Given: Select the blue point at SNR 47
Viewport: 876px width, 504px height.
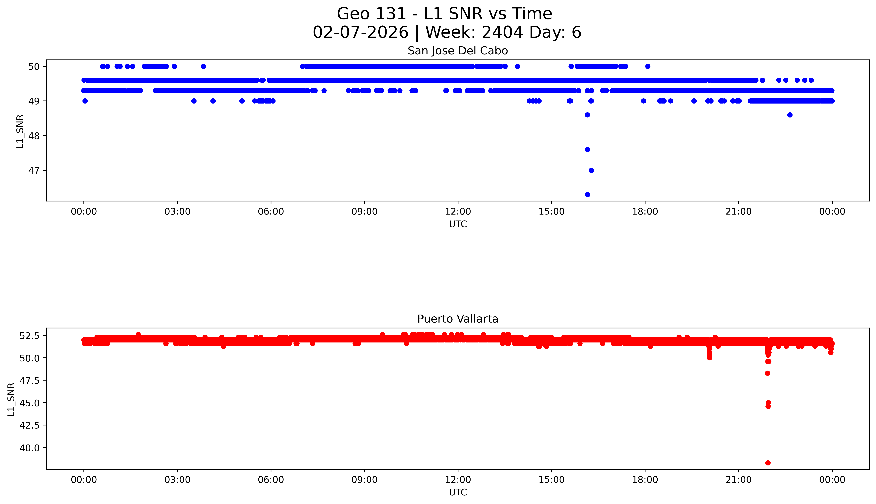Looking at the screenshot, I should pos(591,170).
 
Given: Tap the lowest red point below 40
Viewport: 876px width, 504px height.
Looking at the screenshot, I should pos(768,463).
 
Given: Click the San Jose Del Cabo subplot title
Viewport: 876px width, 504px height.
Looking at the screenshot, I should pos(458,51).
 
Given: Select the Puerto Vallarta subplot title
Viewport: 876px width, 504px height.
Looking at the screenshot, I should pos(458,319).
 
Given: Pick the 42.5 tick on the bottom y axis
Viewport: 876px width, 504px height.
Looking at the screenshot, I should pos(30,425).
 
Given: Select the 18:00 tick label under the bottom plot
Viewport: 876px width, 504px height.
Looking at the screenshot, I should pos(645,480).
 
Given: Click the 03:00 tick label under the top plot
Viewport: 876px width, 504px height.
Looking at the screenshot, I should pos(177,212).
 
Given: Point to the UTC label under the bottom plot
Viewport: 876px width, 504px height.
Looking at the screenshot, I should pos(458,492).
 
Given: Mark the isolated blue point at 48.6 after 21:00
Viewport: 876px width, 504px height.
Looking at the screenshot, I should pos(790,115).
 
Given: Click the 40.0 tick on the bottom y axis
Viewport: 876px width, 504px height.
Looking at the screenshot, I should pos(30,448).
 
